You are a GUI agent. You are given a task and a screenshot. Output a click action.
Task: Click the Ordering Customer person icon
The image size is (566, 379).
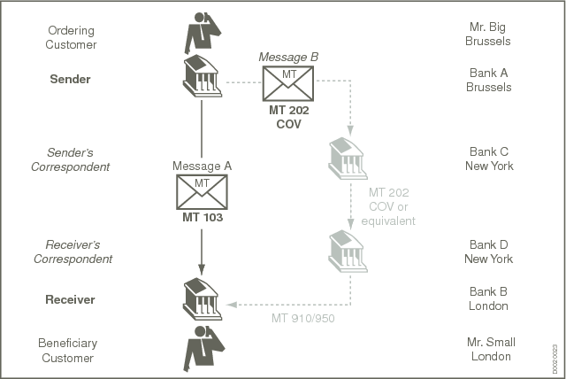(x=201, y=34)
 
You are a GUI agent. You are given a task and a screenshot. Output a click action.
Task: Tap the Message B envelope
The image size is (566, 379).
(x=288, y=85)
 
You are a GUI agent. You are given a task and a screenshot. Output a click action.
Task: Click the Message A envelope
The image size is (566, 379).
(x=202, y=191)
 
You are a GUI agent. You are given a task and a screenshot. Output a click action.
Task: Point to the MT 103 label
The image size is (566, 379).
(x=202, y=217)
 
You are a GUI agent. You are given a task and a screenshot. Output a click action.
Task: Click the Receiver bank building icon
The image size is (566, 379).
(x=201, y=299)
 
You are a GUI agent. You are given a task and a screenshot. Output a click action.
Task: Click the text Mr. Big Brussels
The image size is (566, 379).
(x=489, y=35)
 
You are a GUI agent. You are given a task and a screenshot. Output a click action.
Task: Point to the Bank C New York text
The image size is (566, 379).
(x=489, y=159)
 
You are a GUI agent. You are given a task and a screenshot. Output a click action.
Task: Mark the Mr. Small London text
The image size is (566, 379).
(x=489, y=349)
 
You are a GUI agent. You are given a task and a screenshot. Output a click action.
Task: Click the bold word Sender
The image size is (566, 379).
(x=72, y=80)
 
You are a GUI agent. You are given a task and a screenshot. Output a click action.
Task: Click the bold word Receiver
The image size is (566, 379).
(x=72, y=300)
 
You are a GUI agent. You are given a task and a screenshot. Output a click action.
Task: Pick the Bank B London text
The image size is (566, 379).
(x=489, y=300)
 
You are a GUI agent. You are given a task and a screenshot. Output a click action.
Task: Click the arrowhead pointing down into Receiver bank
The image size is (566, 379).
(x=202, y=267)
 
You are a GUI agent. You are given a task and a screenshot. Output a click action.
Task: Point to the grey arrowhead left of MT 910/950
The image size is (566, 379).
(x=232, y=304)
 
